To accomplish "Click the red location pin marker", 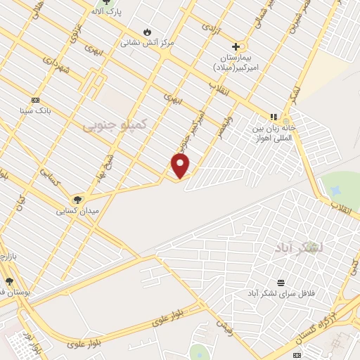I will [x=181, y=166].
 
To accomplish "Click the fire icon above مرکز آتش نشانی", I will [x=146, y=32].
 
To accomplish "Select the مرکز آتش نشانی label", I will [x=146, y=42].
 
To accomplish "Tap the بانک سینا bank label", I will [x=35, y=110].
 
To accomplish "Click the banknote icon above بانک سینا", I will [x=35, y=100].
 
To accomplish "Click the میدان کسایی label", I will [x=78, y=210].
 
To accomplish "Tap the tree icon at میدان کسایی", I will [x=78, y=200].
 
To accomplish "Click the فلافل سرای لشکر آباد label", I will [x=281, y=292].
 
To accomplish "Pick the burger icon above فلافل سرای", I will [x=281, y=283].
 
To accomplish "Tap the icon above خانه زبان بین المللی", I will [x=274, y=117].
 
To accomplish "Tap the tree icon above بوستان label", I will [x=9, y=281].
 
